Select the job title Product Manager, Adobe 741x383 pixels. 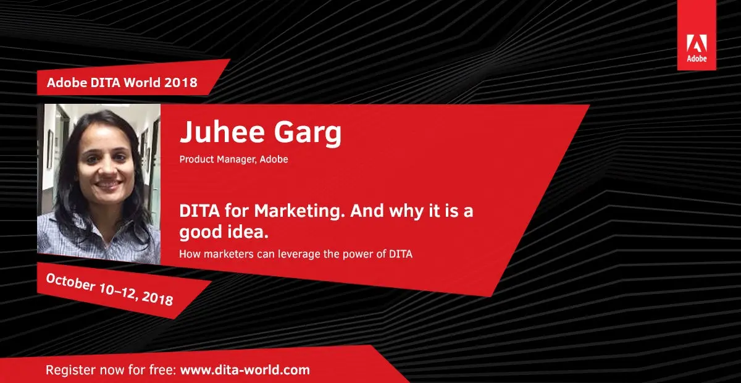[233, 159]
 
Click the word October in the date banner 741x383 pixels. [70, 282]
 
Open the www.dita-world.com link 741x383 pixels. [245, 370]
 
